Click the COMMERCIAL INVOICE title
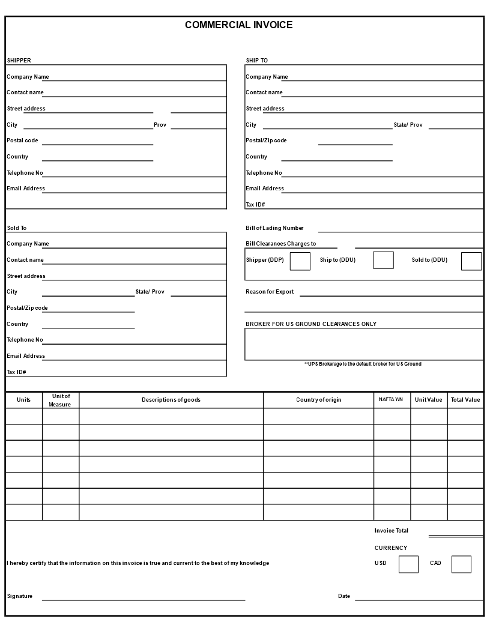[x=238, y=25]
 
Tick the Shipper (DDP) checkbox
[x=300, y=261]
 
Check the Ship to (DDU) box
[x=383, y=260]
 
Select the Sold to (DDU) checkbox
[x=471, y=261]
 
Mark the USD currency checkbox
[x=408, y=564]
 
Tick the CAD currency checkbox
[x=461, y=564]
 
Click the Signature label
[x=20, y=596]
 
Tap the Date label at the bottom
[x=343, y=596]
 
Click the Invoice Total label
[x=391, y=531]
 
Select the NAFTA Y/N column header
[x=391, y=399]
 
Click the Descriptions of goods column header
[x=171, y=400]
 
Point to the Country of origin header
[x=318, y=400]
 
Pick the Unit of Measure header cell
[x=60, y=400]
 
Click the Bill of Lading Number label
[x=274, y=228]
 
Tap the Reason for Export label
[x=270, y=292]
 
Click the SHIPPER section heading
[x=19, y=61]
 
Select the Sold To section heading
[x=17, y=228]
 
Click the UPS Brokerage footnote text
[x=363, y=364]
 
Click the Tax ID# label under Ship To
[x=255, y=205]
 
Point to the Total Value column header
[x=465, y=400]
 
